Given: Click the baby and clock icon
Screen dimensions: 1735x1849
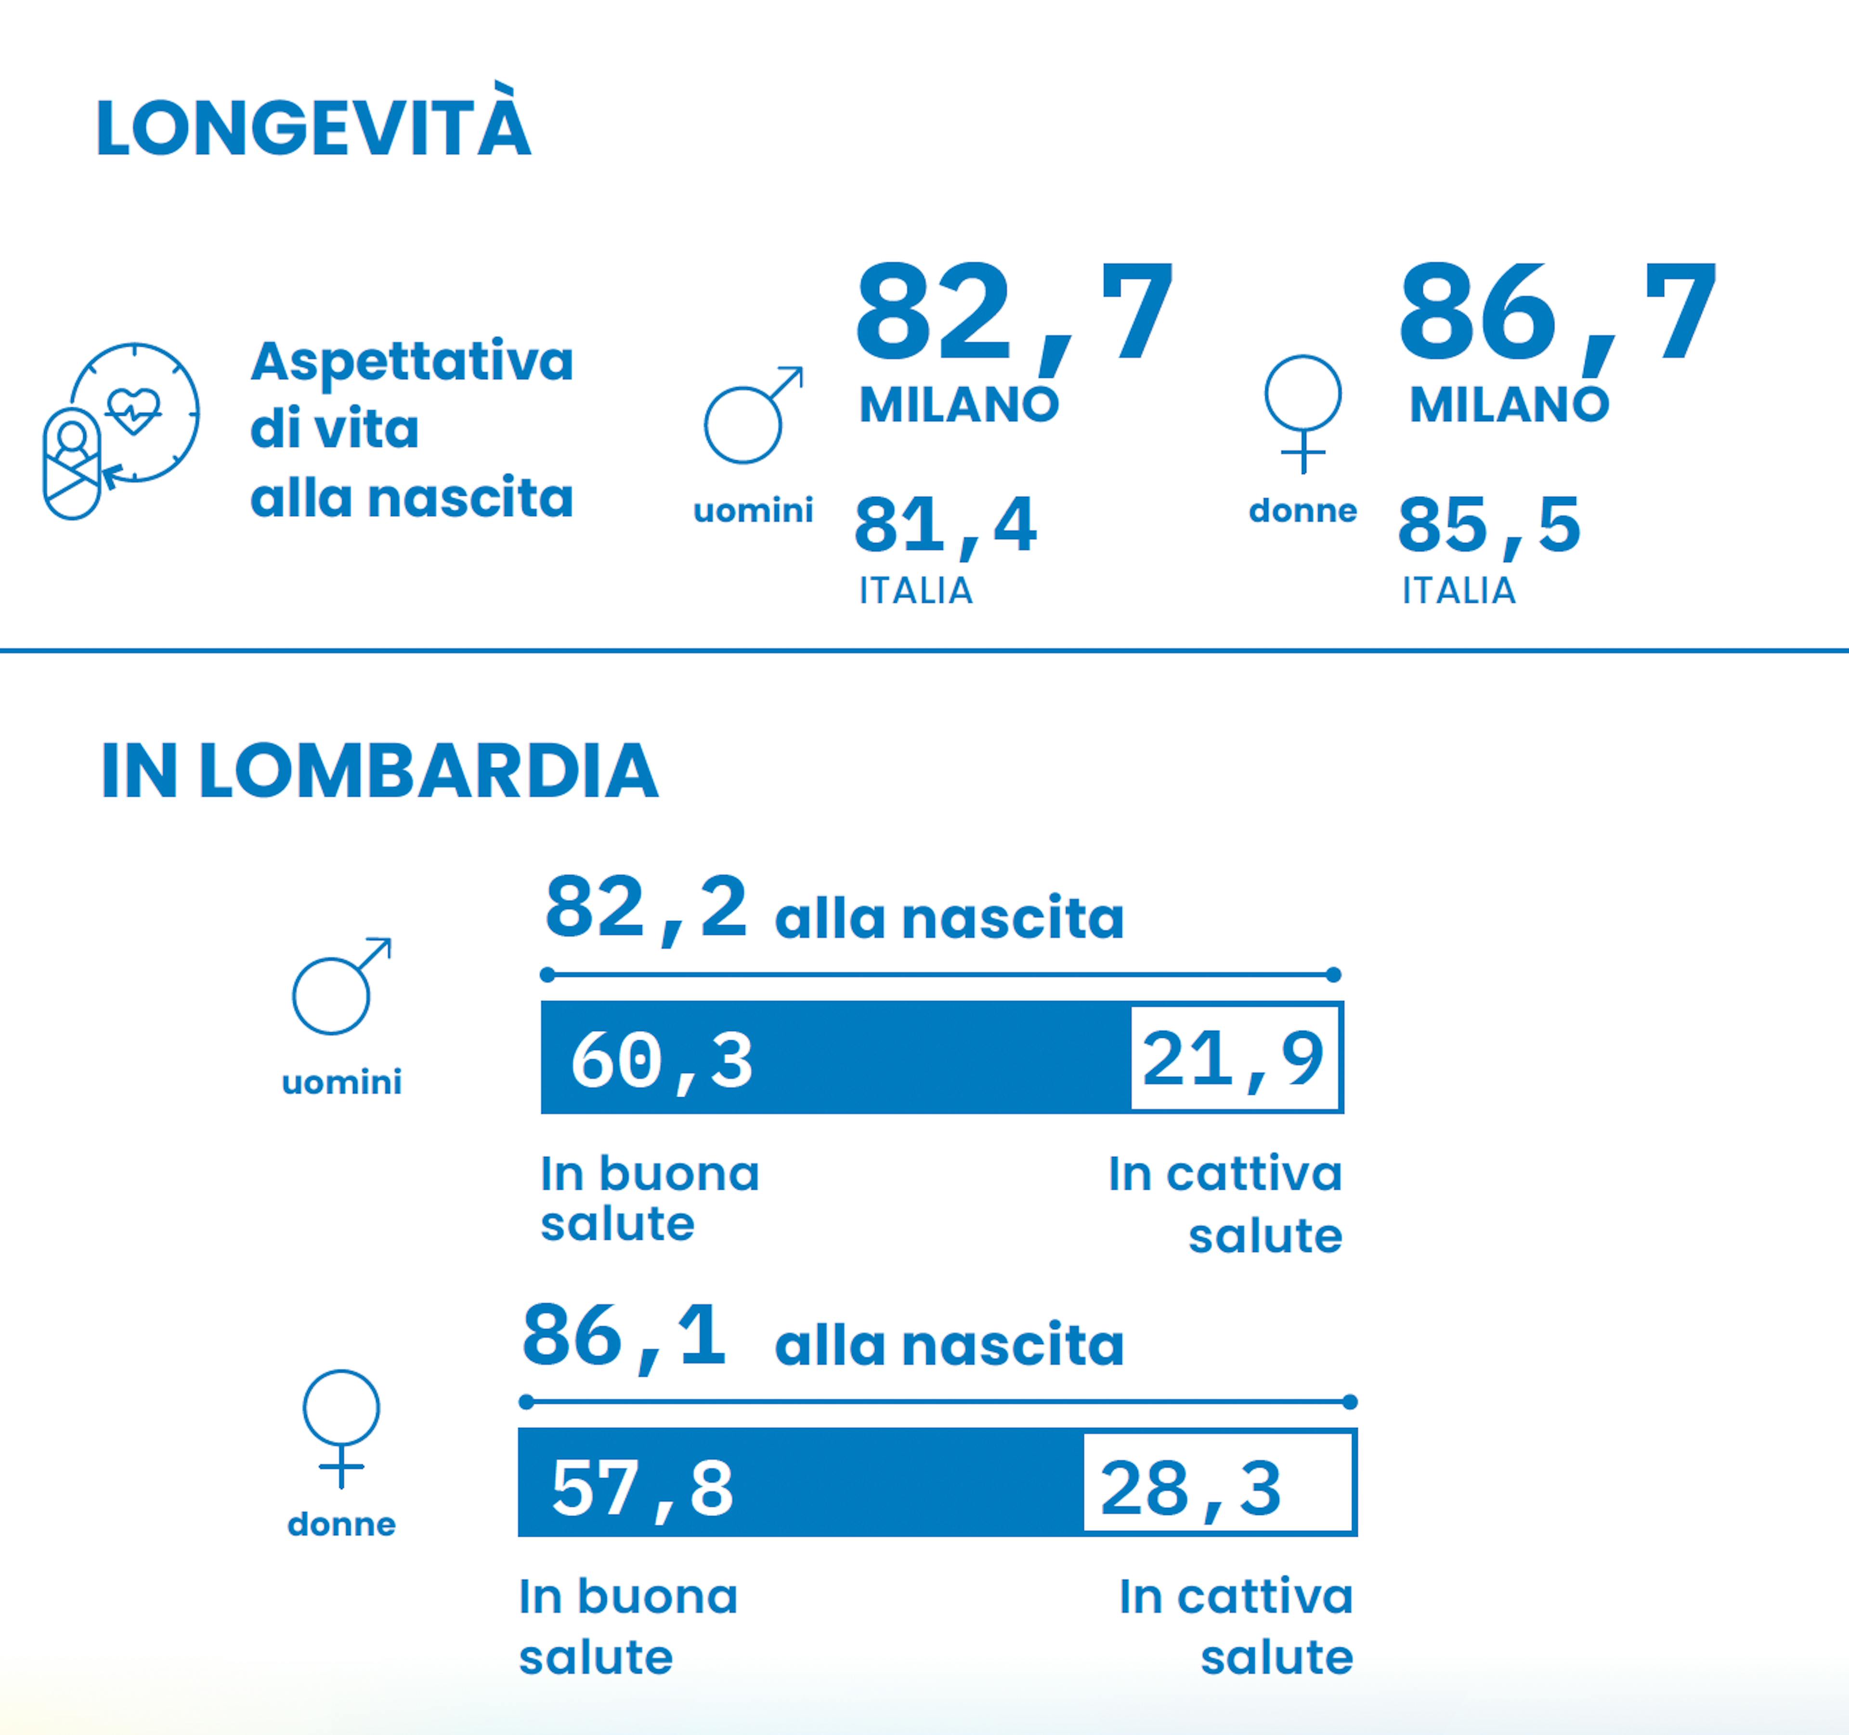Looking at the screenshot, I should tap(121, 429).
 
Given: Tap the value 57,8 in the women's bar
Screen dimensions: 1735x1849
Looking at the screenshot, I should tap(642, 1488).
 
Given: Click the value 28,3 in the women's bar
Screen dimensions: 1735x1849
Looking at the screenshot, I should tap(1190, 1488).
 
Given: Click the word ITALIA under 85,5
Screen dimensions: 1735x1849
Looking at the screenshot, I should tap(1458, 590).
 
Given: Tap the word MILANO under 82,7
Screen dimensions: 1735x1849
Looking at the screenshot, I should tap(959, 404).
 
